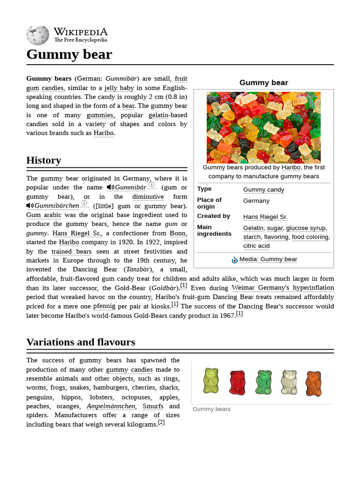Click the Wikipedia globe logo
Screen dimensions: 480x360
(37, 35)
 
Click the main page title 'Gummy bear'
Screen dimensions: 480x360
(69, 54)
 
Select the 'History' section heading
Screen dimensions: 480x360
(44, 160)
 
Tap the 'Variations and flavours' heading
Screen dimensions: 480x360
(81, 342)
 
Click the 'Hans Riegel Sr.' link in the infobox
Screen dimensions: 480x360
(265, 217)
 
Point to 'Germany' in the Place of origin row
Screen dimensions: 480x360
(256, 201)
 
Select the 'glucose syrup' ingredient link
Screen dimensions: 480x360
(306, 228)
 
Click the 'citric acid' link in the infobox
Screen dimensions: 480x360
(256, 246)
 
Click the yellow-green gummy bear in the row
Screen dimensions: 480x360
(211, 381)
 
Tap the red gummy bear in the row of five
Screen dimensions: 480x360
(237, 382)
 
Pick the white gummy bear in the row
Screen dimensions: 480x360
(289, 382)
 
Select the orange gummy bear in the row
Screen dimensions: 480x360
(314, 383)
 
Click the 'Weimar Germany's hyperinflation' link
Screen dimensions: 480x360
(283, 288)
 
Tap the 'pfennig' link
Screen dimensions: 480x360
(104, 306)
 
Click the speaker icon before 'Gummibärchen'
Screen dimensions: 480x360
(30, 206)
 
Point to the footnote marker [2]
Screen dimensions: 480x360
(161, 422)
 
